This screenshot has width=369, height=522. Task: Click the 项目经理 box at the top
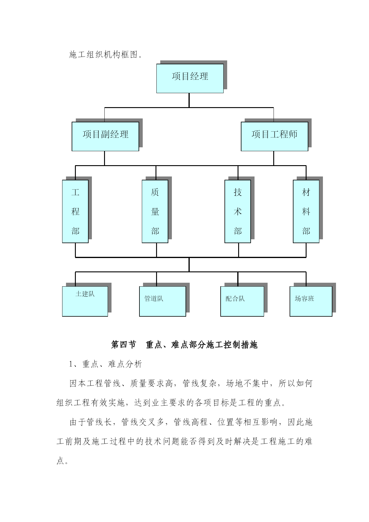tap(190, 78)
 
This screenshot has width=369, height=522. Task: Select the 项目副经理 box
tap(105, 136)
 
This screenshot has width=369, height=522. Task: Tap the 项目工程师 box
tap(274, 136)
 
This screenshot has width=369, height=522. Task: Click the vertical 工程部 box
tap(75, 211)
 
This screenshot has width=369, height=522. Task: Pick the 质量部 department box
tap(155, 211)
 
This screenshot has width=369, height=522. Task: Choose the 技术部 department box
tap(238, 211)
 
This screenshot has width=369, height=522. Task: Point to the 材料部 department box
tap(306, 211)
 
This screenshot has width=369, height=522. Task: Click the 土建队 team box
tap(85, 301)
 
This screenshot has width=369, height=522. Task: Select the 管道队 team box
tap(163, 301)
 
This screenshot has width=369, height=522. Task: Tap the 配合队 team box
tap(242, 301)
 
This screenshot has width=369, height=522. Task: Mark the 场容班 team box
tap(311, 301)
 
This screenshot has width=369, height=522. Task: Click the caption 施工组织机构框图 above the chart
tap(103, 54)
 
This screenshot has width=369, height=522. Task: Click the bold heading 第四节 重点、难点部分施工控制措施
tap(184, 345)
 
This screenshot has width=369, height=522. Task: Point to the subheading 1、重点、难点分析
tap(106, 364)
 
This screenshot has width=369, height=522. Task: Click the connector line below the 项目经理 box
tap(189, 100)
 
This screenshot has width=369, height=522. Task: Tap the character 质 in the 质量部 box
tap(155, 192)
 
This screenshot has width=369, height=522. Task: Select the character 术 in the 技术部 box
tap(238, 212)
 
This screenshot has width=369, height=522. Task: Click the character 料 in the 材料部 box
tap(306, 212)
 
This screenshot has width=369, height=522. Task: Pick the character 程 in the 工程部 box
tap(75, 212)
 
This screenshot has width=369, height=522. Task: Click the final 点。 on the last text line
tap(62, 461)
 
